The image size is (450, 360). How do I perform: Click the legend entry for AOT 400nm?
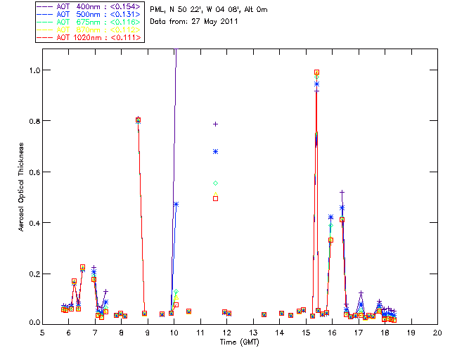[88, 6]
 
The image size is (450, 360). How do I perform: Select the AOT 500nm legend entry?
[88, 14]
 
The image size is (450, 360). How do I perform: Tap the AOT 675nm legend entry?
[88, 22]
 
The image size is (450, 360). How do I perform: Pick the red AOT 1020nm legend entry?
[88, 38]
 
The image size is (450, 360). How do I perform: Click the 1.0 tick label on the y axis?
[33, 70]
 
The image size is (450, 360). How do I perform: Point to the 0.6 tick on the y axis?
[33, 172]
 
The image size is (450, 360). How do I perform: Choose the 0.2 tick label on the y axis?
[33, 273]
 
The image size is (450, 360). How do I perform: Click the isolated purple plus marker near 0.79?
[215, 124]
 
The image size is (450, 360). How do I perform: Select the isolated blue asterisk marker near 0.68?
[215, 151]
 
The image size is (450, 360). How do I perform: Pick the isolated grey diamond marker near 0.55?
[215, 183]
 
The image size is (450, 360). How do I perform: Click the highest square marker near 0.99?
[316, 72]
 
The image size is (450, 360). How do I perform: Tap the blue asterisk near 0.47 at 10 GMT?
[176, 204]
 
